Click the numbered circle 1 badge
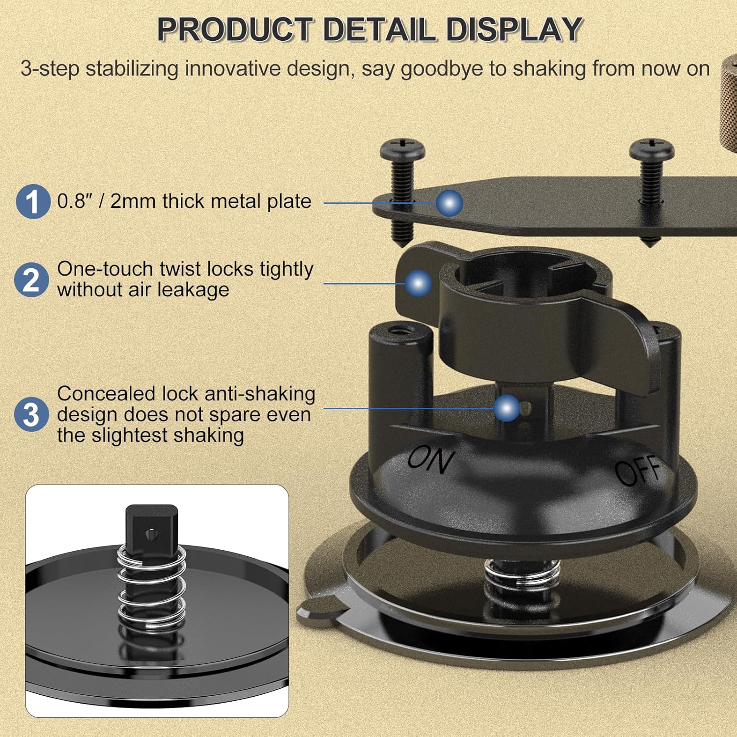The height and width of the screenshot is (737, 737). [x=33, y=201]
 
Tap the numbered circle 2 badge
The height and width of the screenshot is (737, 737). [x=31, y=280]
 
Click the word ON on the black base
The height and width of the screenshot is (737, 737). [x=431, y=459]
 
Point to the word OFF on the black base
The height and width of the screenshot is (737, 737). [x=639, y=470]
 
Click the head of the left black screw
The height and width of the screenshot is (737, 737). [x=402, y=148]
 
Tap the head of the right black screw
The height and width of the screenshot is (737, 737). [x=652, y=148]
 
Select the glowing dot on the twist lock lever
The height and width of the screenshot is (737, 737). [x=418, y=283]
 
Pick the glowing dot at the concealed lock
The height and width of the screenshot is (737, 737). [x=507, y=408]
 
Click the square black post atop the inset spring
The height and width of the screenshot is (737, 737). [x=151, y=524]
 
